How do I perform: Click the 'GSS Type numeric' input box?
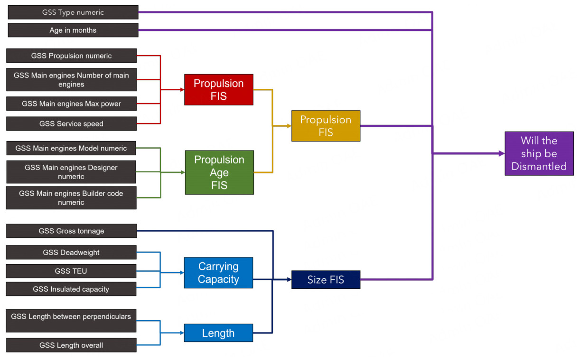tap(73, 12)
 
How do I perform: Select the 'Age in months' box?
tap(73, 30)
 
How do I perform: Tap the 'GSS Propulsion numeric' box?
tap(72, 56)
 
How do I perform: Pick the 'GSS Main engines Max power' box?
tap(72, 104)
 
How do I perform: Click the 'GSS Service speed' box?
tap(72, 123)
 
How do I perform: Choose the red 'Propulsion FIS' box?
tap(219, 90)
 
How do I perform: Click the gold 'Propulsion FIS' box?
tap(326, 126)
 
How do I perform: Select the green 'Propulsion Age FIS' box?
tap(219, 172)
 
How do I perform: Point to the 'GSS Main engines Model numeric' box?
tap(71, 148)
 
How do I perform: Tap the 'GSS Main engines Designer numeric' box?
tap(71, 172)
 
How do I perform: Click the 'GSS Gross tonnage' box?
tap(72, 231)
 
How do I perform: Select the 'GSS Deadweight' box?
tap(71, 252)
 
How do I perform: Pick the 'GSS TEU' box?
tap(71, 271)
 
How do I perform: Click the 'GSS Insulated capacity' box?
tap(71, 289)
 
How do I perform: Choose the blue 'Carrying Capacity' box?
tap(218, 273)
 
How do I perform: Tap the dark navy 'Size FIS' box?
tap(326, 280)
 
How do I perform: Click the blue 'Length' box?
tap(218, 333)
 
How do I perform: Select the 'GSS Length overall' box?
tap(71, 345)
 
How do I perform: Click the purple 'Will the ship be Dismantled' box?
tap(539, 153)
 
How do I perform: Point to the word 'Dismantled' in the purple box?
tap(539, 166)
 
